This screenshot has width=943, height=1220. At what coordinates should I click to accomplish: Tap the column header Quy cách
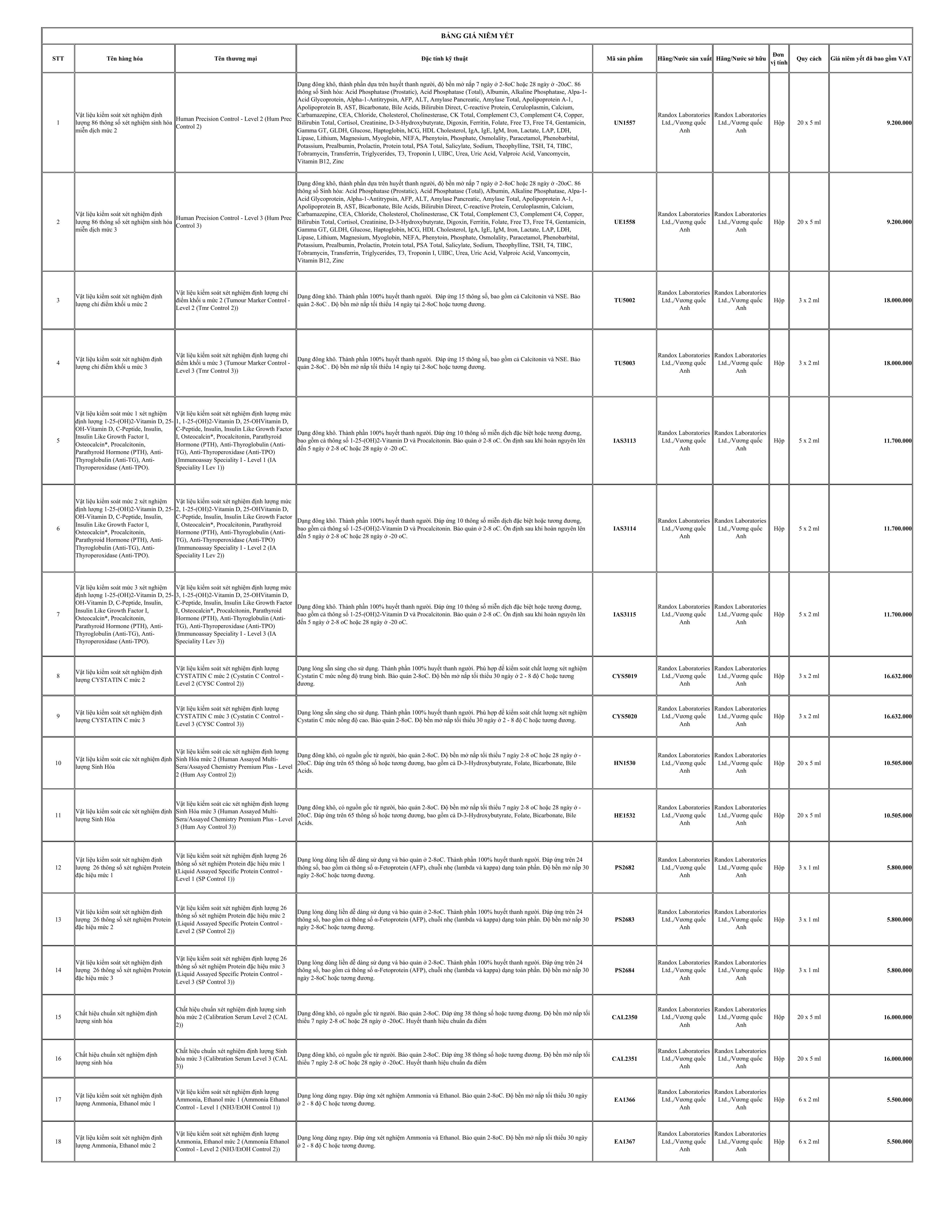808,59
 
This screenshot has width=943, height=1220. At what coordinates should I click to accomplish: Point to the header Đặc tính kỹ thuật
444,59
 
